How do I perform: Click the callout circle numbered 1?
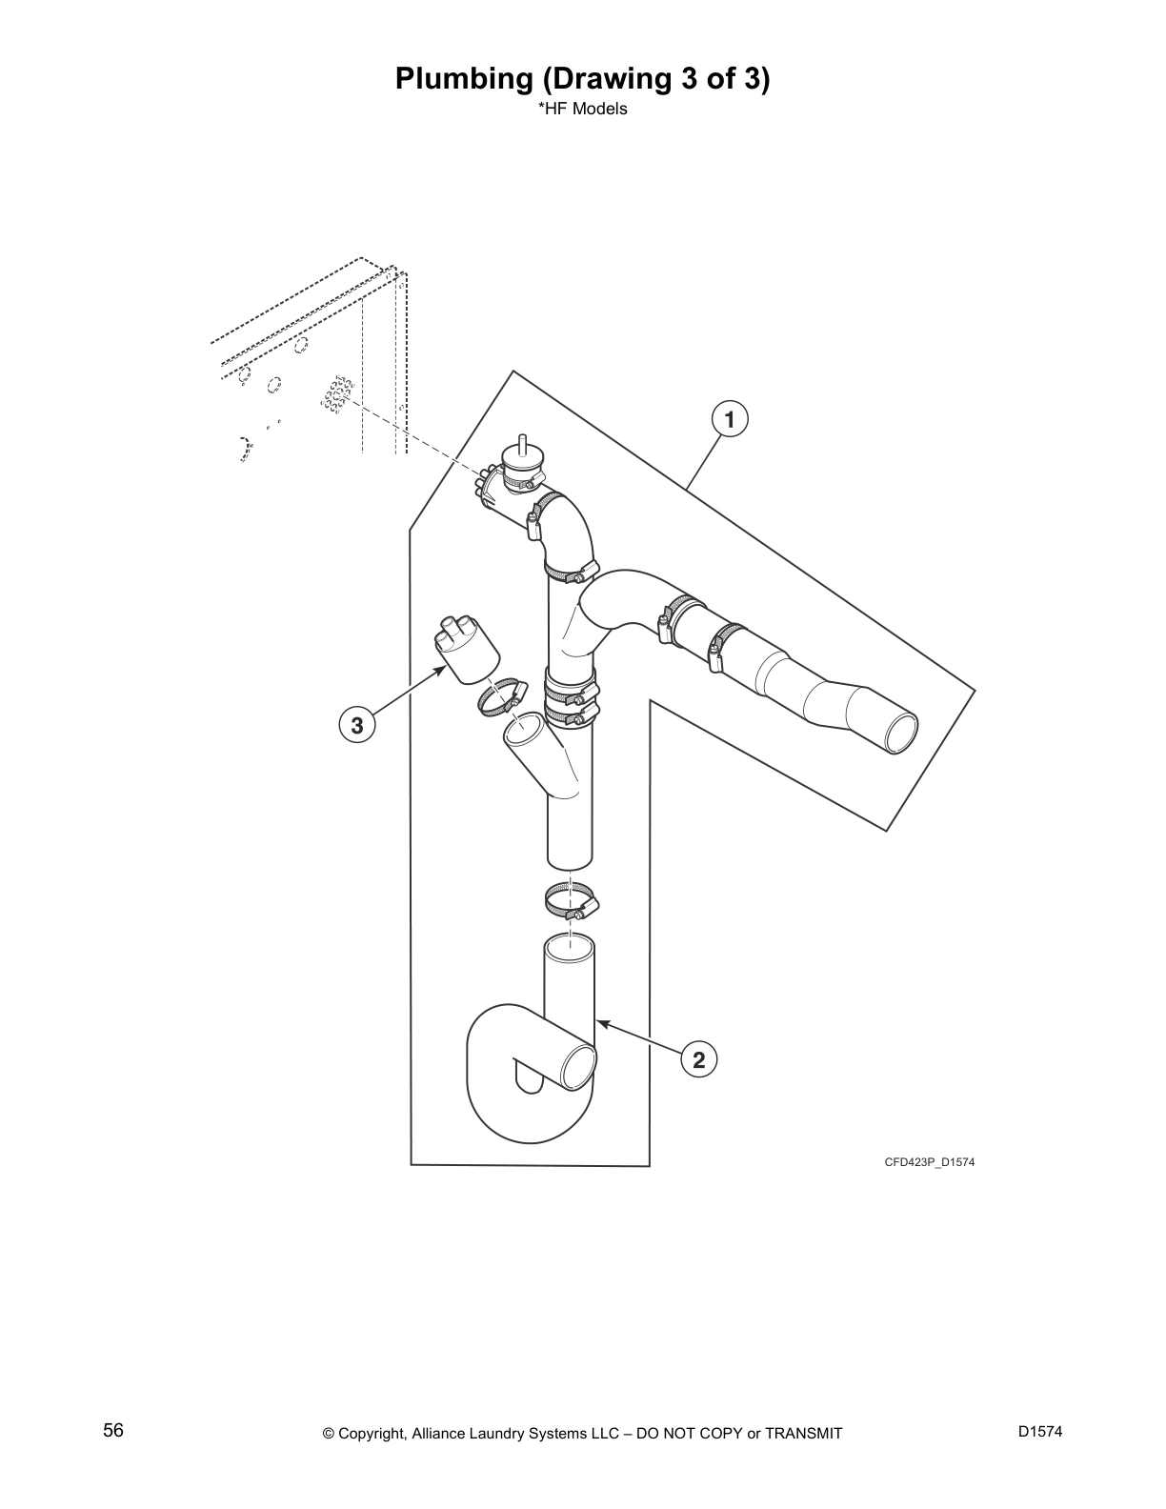730,418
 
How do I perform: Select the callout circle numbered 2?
699,1059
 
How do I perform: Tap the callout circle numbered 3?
357,725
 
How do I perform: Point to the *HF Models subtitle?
583,109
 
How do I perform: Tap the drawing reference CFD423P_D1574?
929,1162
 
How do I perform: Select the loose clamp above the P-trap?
570,899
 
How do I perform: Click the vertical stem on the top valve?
521,444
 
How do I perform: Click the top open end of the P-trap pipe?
569,950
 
